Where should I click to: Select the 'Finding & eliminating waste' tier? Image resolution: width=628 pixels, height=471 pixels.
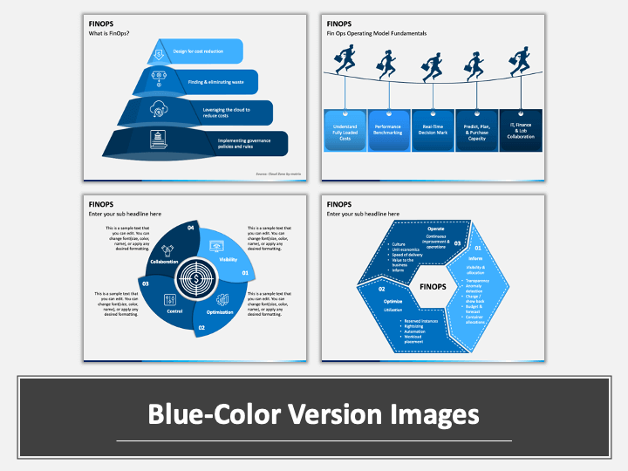tap(201, 80)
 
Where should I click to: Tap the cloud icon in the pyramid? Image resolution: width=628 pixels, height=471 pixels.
tap(161, 109)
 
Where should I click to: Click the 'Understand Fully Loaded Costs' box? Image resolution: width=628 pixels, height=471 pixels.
tap(344, 132)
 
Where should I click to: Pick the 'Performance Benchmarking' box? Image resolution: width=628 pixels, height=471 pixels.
tap(388, 132)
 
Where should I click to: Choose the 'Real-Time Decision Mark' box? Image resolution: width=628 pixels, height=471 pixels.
tap(433, 132)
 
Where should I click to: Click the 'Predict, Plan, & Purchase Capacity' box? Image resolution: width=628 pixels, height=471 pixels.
tap(477, 132)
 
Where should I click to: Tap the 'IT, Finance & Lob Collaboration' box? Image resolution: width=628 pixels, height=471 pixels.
tap(521, 132)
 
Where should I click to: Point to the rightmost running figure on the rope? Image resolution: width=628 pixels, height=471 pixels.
tap(521, 64)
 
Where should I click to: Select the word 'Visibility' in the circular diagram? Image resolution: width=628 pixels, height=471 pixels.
tap(229, 259)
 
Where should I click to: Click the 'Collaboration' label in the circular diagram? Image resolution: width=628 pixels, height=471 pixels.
tap(164, 263)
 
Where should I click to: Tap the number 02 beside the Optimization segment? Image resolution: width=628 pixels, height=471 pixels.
tap(201, 328)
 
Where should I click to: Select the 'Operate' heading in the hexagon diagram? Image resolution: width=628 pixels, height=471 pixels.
tap(435, 229)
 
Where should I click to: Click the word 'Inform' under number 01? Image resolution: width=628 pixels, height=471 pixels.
tap(475, 258)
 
